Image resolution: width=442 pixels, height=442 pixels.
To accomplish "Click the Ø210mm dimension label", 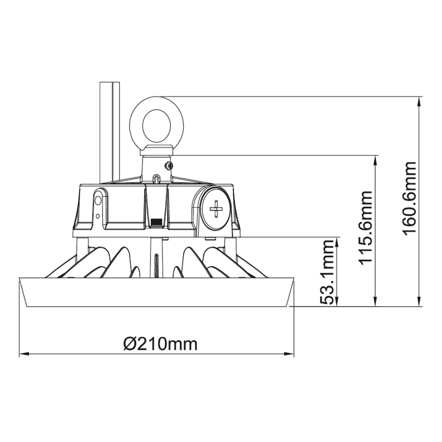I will click(x=160, y=343).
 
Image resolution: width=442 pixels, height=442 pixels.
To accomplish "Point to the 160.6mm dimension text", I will click(x=410, y=198).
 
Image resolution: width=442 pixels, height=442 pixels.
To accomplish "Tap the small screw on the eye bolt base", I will click(x=169, y=166).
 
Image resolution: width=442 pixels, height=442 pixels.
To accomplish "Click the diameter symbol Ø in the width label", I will click(x=129, y=343).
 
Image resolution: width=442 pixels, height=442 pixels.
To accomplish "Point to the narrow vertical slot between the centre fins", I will click(x=156, y=265).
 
